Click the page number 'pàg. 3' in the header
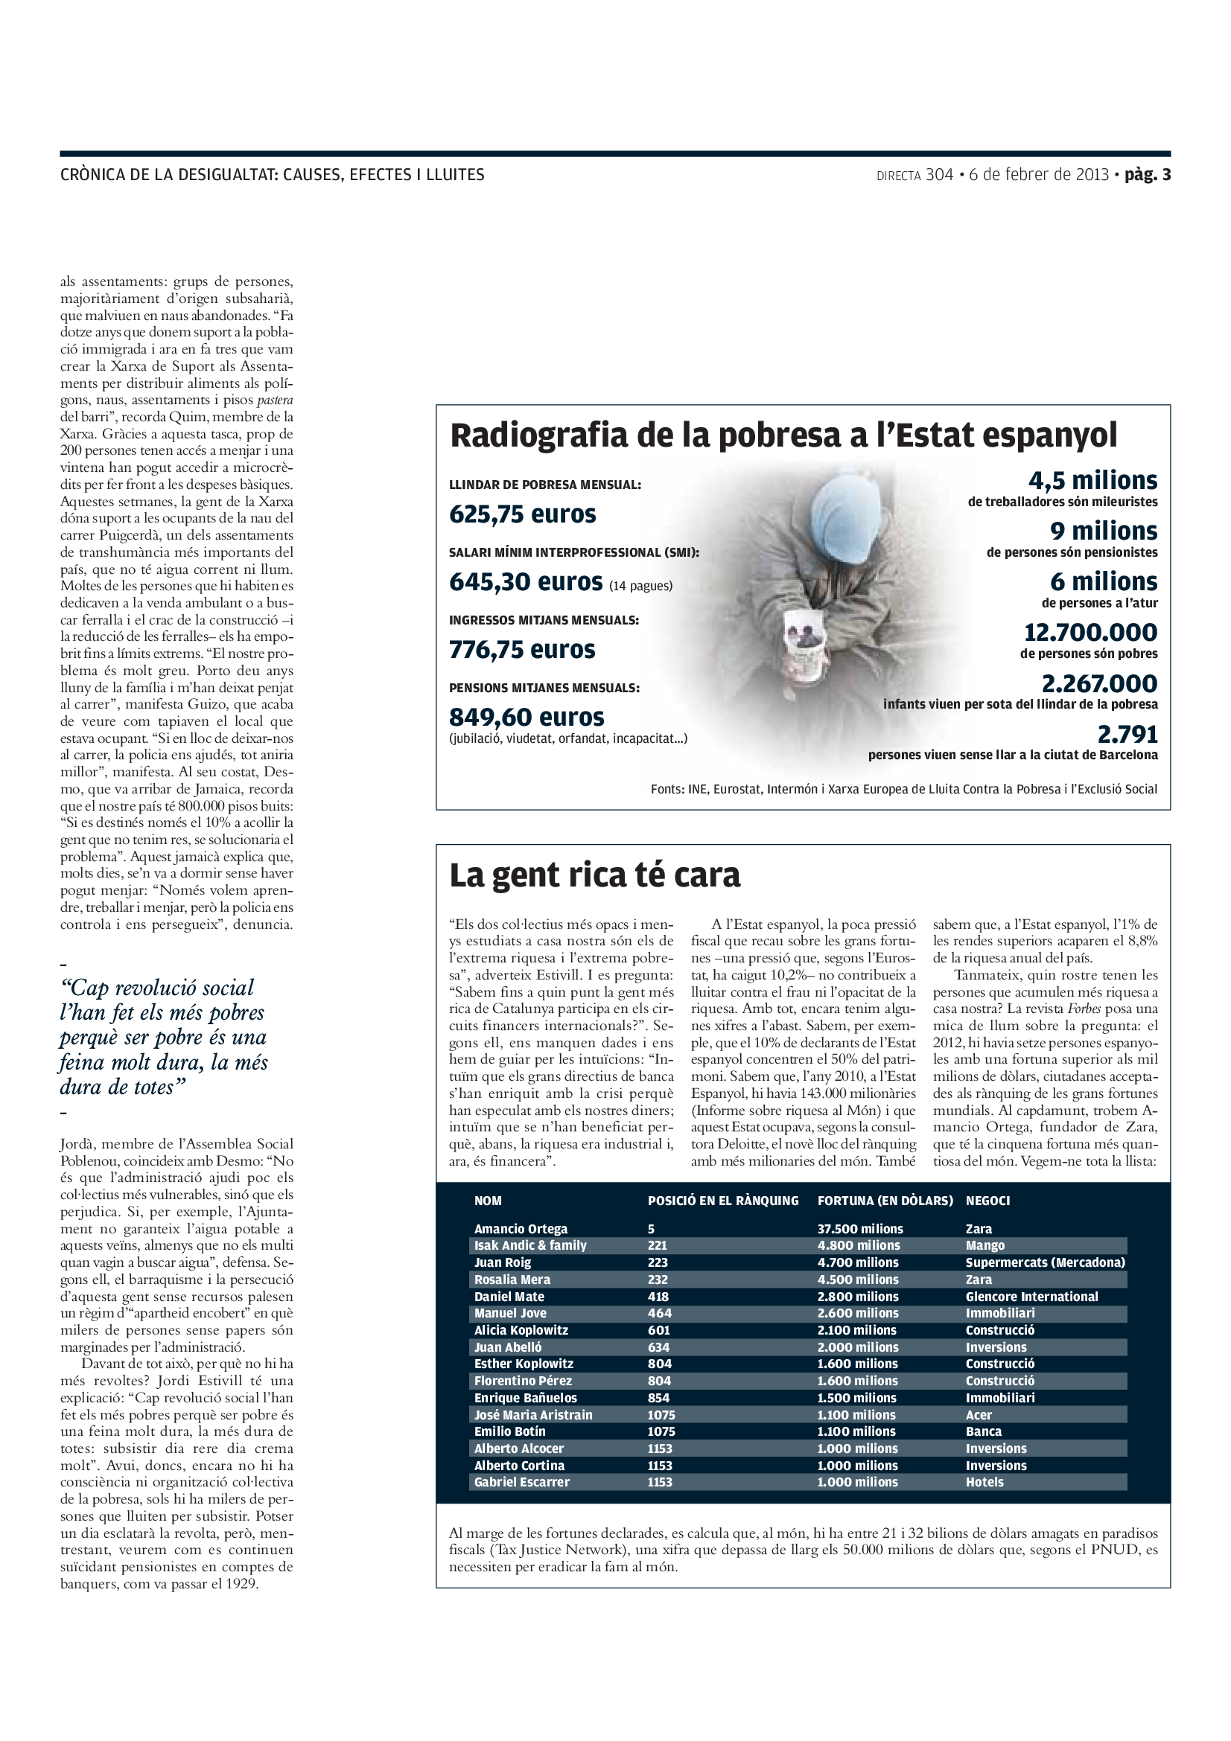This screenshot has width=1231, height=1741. click(1147, 175)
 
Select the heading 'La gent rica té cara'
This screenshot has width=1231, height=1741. click(594, 875)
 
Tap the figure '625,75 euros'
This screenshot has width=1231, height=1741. click(523, 515)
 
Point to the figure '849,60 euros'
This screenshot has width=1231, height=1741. click(527, 718)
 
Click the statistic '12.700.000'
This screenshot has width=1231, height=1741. click(1090, 633)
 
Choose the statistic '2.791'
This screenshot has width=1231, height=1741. click(1127, 734)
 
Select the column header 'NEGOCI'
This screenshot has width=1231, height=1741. click(987, 1201)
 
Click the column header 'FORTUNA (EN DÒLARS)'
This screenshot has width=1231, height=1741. click(885, 1201)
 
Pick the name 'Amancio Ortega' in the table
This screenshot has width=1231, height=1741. click(521, 1228)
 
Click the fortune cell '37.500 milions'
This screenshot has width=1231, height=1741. click(859, 1228)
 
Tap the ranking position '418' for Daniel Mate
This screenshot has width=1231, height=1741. click(658, 1297)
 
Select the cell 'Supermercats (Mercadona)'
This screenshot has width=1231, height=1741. click(1044, 1262)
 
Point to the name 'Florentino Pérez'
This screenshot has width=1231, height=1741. click(523, 1381)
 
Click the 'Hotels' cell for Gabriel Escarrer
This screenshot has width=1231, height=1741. click(984, 1482)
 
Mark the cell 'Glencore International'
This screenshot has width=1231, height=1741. click(1031, 1297)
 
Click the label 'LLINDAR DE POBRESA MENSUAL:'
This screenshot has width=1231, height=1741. click(544, 485)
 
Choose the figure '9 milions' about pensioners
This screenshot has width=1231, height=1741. click(1103, 531)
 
